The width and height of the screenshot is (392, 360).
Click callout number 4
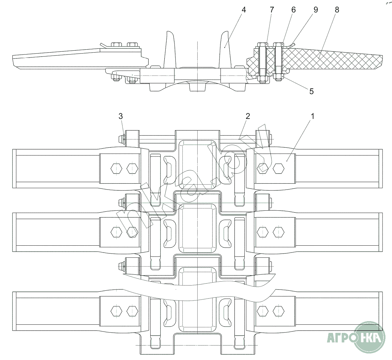243,10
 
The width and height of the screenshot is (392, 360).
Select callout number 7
272,10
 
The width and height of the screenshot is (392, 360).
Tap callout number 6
294,10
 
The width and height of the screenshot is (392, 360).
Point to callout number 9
316,10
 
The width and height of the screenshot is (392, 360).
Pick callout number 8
337,10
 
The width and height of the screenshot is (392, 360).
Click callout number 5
312,91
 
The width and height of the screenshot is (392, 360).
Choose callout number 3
121,116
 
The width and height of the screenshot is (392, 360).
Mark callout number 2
248,116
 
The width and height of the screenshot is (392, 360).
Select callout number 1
313,116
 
